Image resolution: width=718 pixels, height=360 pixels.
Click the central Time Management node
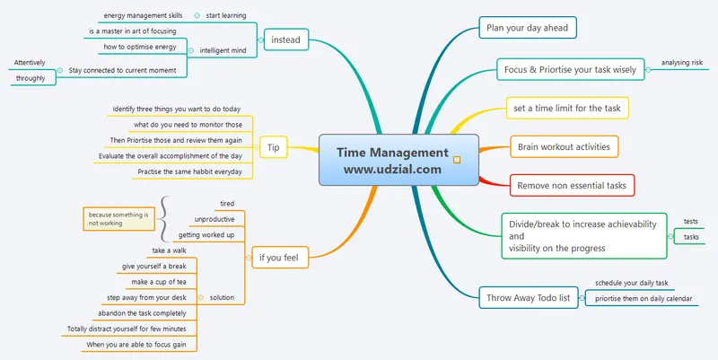click(392, 160)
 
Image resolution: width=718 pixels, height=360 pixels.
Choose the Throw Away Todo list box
click(529, 297)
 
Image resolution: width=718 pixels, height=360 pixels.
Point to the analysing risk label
click(682, 63)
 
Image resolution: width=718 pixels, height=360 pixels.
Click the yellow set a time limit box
click(566, 108)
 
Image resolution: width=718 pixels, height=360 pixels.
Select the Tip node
click(275, 147)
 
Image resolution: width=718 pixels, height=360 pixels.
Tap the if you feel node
click(279, 259)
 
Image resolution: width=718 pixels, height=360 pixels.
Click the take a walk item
click(169, 250)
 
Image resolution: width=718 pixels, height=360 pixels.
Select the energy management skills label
click(144, 15)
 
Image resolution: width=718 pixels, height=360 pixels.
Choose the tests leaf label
click(691, 221)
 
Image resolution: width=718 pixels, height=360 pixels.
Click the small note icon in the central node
click(457, 161)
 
